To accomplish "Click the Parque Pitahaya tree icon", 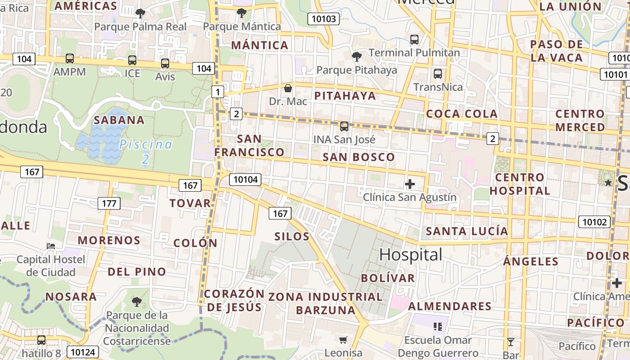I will click(x=356, y=57).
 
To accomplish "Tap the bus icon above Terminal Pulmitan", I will click(x=414, y=40).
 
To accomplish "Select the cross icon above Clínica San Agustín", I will click(x=409, y=184).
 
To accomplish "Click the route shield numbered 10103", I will click(x=323, y=19).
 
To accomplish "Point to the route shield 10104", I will click(x=245, y=180).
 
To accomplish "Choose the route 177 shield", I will click(x=109, y=203).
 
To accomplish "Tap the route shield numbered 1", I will click(x=218, y=92).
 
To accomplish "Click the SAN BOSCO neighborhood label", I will click(x=359, y=157).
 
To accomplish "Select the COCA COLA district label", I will click(x=462, y=114).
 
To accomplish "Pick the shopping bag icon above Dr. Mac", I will click(x=288, y=88).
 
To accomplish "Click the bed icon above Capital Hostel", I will click(x=51, y=246).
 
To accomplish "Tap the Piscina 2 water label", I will click(x=145, y=151).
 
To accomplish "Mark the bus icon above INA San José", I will click(x=344, y=126).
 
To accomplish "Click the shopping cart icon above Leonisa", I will click(x=343, y=340).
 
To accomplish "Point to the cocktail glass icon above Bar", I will click(x=511, y=342).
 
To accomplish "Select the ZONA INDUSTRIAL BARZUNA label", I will click(x=325, y=303).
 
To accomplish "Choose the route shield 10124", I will click(x=83, y=351).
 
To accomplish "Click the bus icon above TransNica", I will click(x=437, y=74).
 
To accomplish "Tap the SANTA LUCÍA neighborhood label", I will click(x=467, y=231).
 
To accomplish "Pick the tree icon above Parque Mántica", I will click(x=242, y=13).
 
